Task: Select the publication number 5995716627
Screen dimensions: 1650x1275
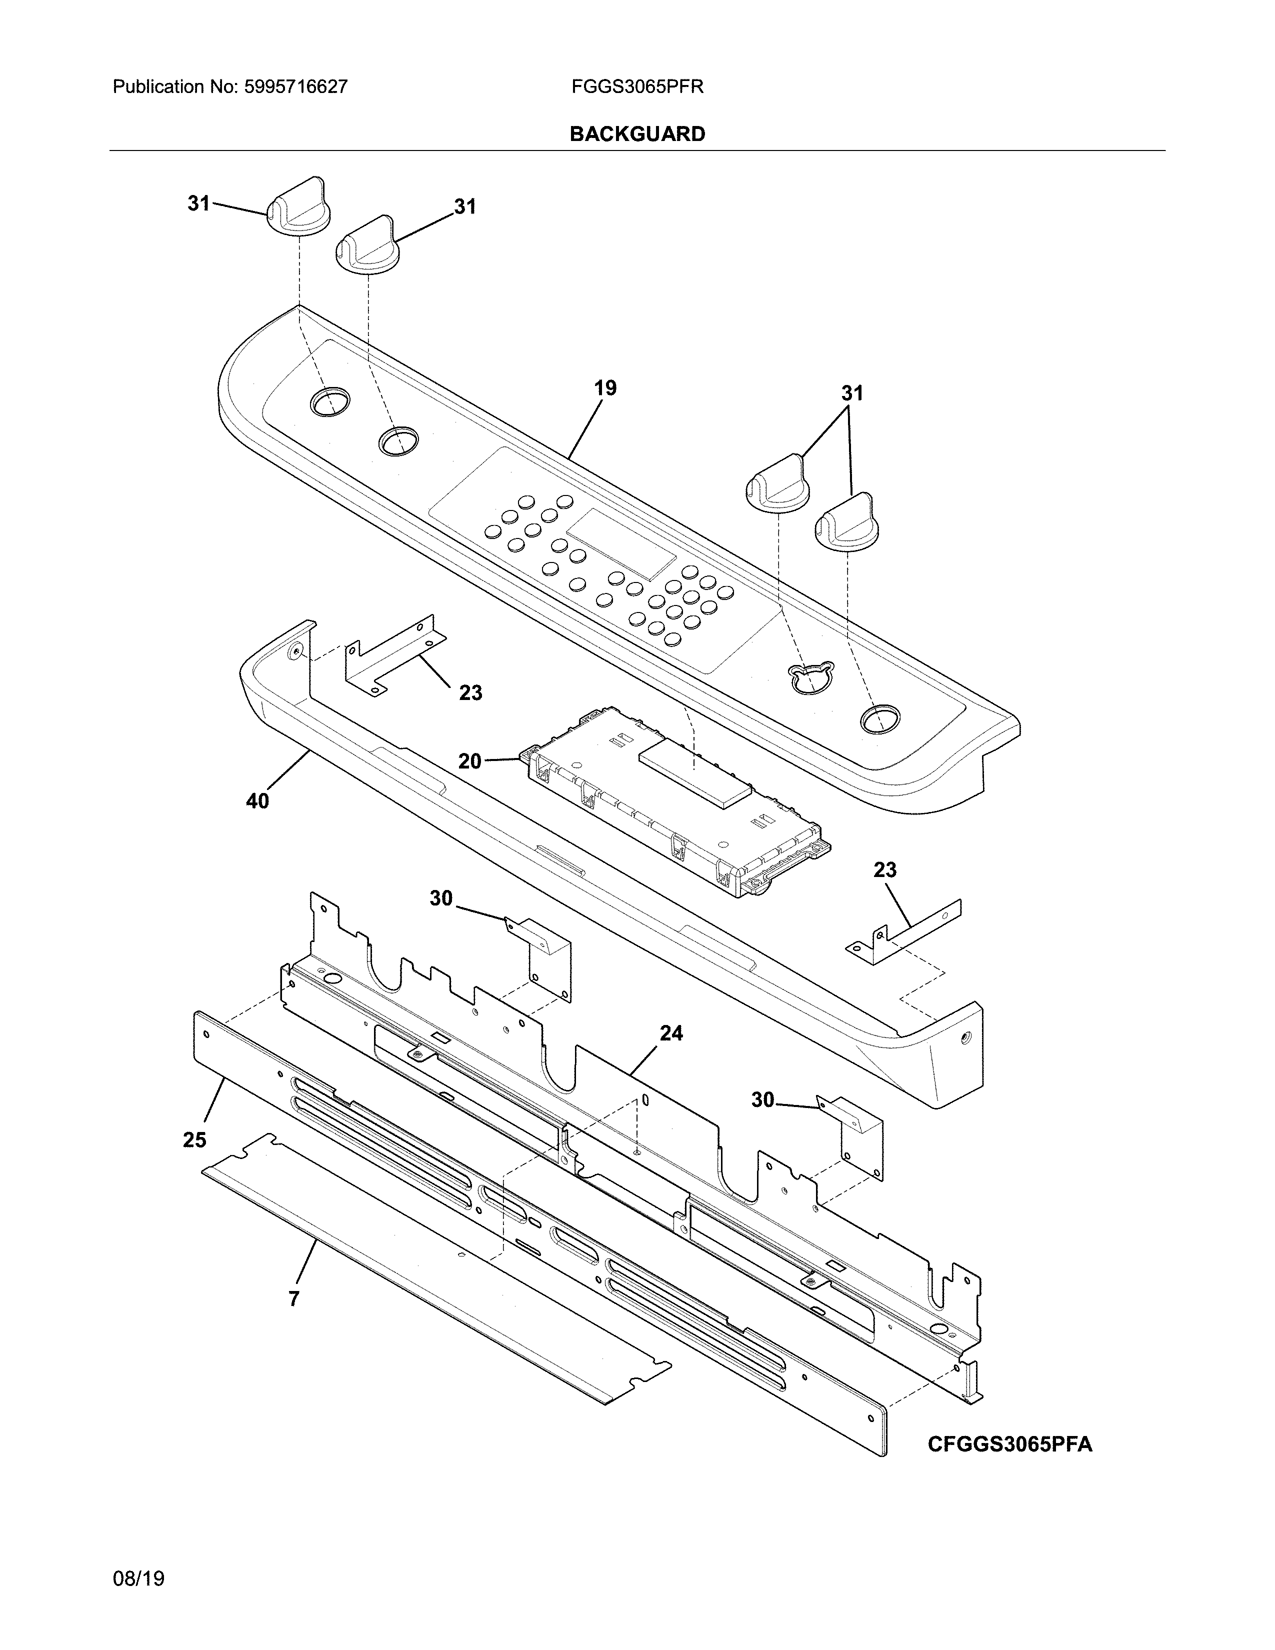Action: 295,87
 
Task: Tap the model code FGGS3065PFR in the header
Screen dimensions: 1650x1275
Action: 637,87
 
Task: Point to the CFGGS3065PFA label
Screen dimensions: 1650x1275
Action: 1009,1444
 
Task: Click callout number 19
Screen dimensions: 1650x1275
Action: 605,388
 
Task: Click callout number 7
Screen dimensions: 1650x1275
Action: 294,1298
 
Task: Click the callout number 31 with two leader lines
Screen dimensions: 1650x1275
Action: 852,393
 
